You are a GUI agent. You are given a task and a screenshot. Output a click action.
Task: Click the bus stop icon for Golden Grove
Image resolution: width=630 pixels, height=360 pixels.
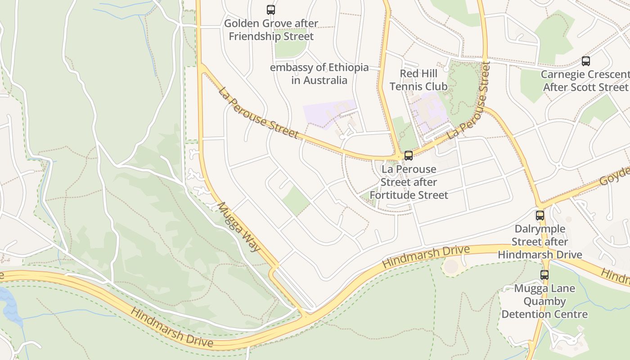(271, 9)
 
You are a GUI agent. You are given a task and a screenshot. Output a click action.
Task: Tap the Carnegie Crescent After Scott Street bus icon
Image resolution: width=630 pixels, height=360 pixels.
(585, 61)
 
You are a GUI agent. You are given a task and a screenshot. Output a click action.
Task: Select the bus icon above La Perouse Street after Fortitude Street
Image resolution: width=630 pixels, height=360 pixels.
(409, 156)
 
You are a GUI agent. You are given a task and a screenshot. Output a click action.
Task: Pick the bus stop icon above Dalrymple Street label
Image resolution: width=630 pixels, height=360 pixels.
(540, 216)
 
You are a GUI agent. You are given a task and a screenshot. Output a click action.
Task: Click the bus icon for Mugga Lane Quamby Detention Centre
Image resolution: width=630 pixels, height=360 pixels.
(544, 274)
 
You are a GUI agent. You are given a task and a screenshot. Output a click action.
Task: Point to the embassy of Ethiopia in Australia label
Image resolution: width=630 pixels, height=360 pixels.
(319, 74)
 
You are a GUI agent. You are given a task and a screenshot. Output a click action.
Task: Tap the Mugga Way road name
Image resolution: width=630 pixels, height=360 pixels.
(239, 226)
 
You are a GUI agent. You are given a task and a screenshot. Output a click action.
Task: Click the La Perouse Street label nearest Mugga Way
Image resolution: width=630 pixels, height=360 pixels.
(259, 112)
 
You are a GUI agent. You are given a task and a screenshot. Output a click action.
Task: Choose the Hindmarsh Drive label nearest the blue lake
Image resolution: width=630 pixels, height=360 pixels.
(171, 327)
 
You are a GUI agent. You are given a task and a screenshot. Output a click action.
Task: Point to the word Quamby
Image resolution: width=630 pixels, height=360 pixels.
(544, 301)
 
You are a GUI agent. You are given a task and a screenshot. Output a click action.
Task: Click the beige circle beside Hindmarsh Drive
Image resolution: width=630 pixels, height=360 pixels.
(451, 266)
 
